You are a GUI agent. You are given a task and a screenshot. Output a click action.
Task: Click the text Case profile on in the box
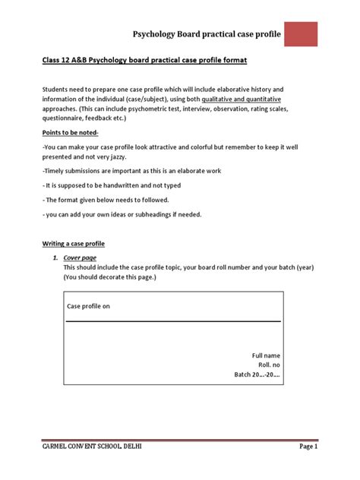[x=90, y=306]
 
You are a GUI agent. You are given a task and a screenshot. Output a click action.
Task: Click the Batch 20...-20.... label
[x=257, y=374]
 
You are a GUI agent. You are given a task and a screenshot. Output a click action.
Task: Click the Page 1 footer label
[x=307, y=447]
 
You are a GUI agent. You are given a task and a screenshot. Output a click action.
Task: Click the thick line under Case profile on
[x=173, y=321]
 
